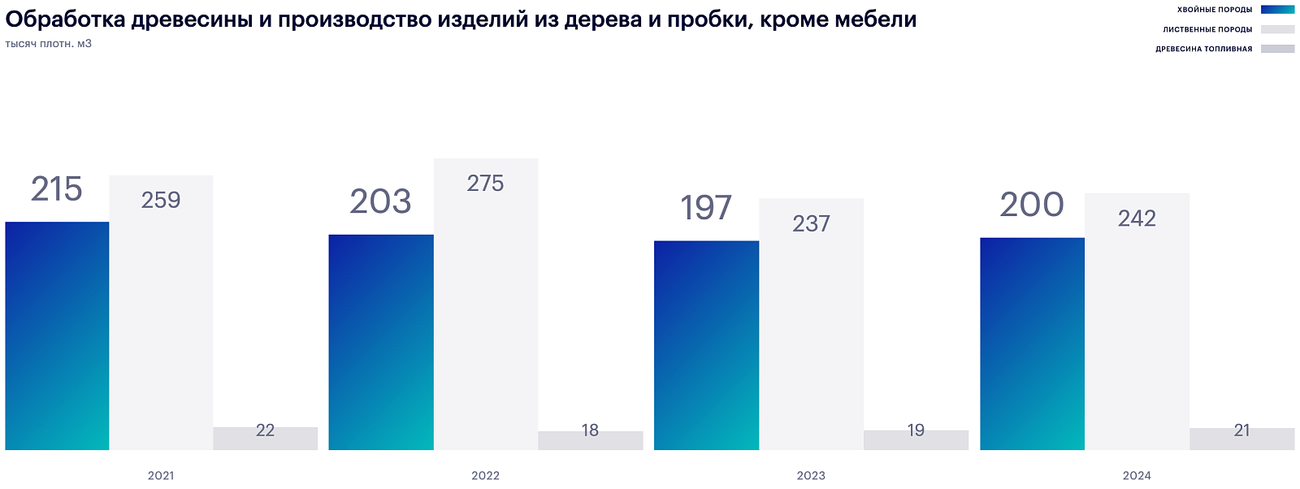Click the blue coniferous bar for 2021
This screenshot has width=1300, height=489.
coord(57,335)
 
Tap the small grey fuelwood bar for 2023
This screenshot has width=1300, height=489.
coord(916,440)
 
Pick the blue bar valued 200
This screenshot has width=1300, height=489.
coord(1032,344)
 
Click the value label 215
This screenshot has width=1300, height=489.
coord(57,189)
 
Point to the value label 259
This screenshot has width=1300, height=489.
coord(161,201)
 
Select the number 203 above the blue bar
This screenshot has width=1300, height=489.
coord(380,202)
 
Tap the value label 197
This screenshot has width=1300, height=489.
coord(706,208)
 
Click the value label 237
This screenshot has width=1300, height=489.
coord(811,224)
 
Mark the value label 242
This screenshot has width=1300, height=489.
coord(1137,219)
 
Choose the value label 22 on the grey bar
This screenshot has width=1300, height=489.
coord(265,431)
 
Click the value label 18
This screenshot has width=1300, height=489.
coord(590,431)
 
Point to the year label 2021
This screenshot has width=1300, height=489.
coord(161,476)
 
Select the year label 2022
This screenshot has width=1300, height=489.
coord(486,476)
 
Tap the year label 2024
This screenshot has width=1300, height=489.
coord(1137,476)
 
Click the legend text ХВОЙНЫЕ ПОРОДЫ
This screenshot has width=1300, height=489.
coord(1215,10)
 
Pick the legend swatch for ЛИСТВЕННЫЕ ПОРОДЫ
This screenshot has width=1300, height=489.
coord(1277,29)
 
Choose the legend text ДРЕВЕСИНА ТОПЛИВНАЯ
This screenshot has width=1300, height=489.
coord(1203,49)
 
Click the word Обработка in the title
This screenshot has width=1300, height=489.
coord(65,19)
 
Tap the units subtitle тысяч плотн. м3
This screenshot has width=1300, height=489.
coord(49,44)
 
